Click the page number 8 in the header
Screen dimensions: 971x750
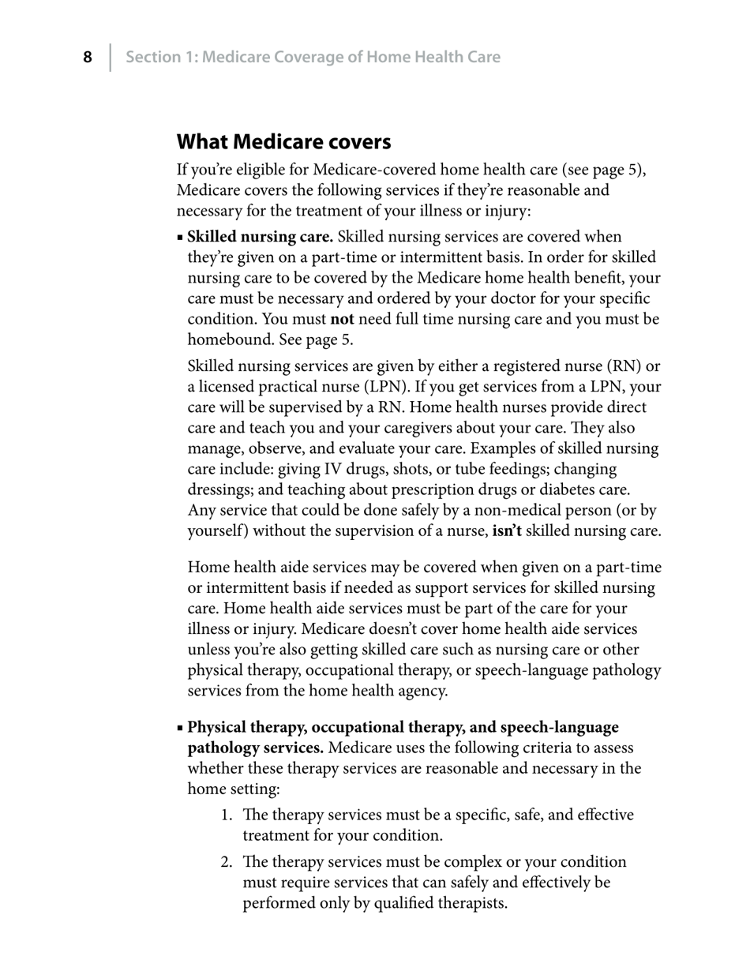coord(88,58)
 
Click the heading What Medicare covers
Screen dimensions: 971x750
coord(283,142)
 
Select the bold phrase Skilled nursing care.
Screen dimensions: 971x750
coord(260,237)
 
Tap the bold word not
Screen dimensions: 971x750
coord(342,319)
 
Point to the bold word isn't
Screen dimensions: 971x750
coord(507,530)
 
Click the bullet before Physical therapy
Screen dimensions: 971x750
coord(181,728)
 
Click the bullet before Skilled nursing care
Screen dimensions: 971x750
coord(181,238)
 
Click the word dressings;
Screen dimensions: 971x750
coord(223,489)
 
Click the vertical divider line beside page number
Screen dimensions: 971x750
coord(110,58)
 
